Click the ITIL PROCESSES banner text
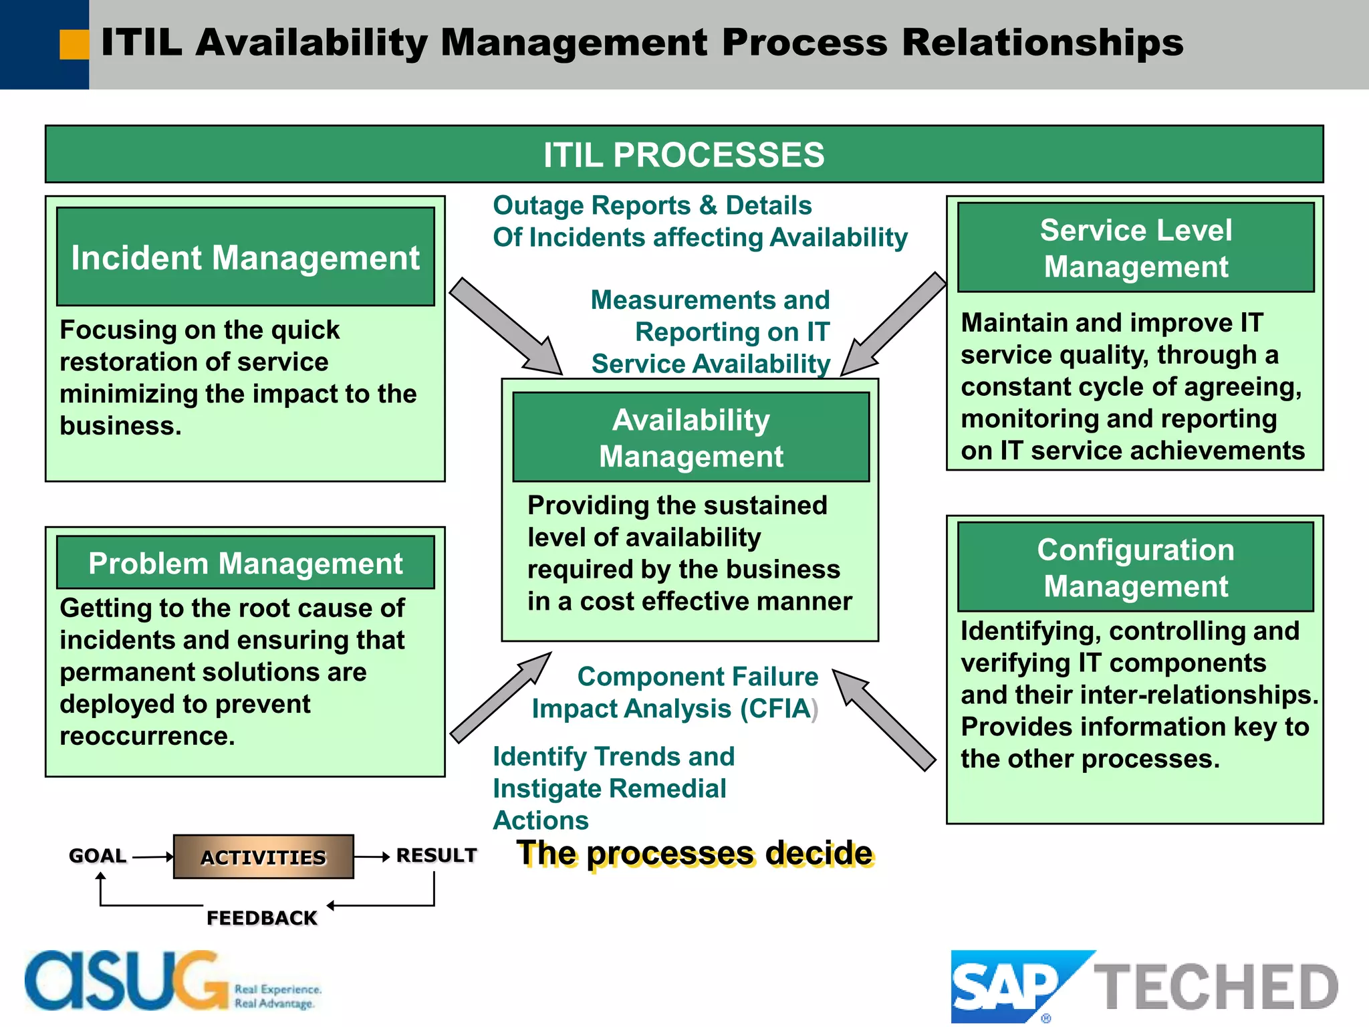[x=683, y=155]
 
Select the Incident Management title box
[x=245, y=257]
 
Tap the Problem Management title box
[x=245, y=563]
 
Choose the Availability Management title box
[x=691, y=438]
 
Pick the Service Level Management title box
[x=1135, y=248]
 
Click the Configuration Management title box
[x=1135, y=568]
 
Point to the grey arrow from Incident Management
[x=505, y=327]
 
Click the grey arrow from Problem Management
[x=501, y=697]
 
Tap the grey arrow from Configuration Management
[x=884, y=719]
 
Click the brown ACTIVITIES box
[x=263, y=857]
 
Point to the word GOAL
[x=98, y=856]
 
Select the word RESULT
[x=437, y=855]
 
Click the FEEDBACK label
[x=261, y=917]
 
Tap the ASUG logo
[x=127, y=982]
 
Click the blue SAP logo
[x=1006, y=986]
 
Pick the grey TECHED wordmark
[x=1215, y=987]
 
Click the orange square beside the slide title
[x=74, y=45]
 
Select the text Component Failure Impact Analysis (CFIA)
[x=675, y=693]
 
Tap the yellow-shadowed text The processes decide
[x=695, y=854]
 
